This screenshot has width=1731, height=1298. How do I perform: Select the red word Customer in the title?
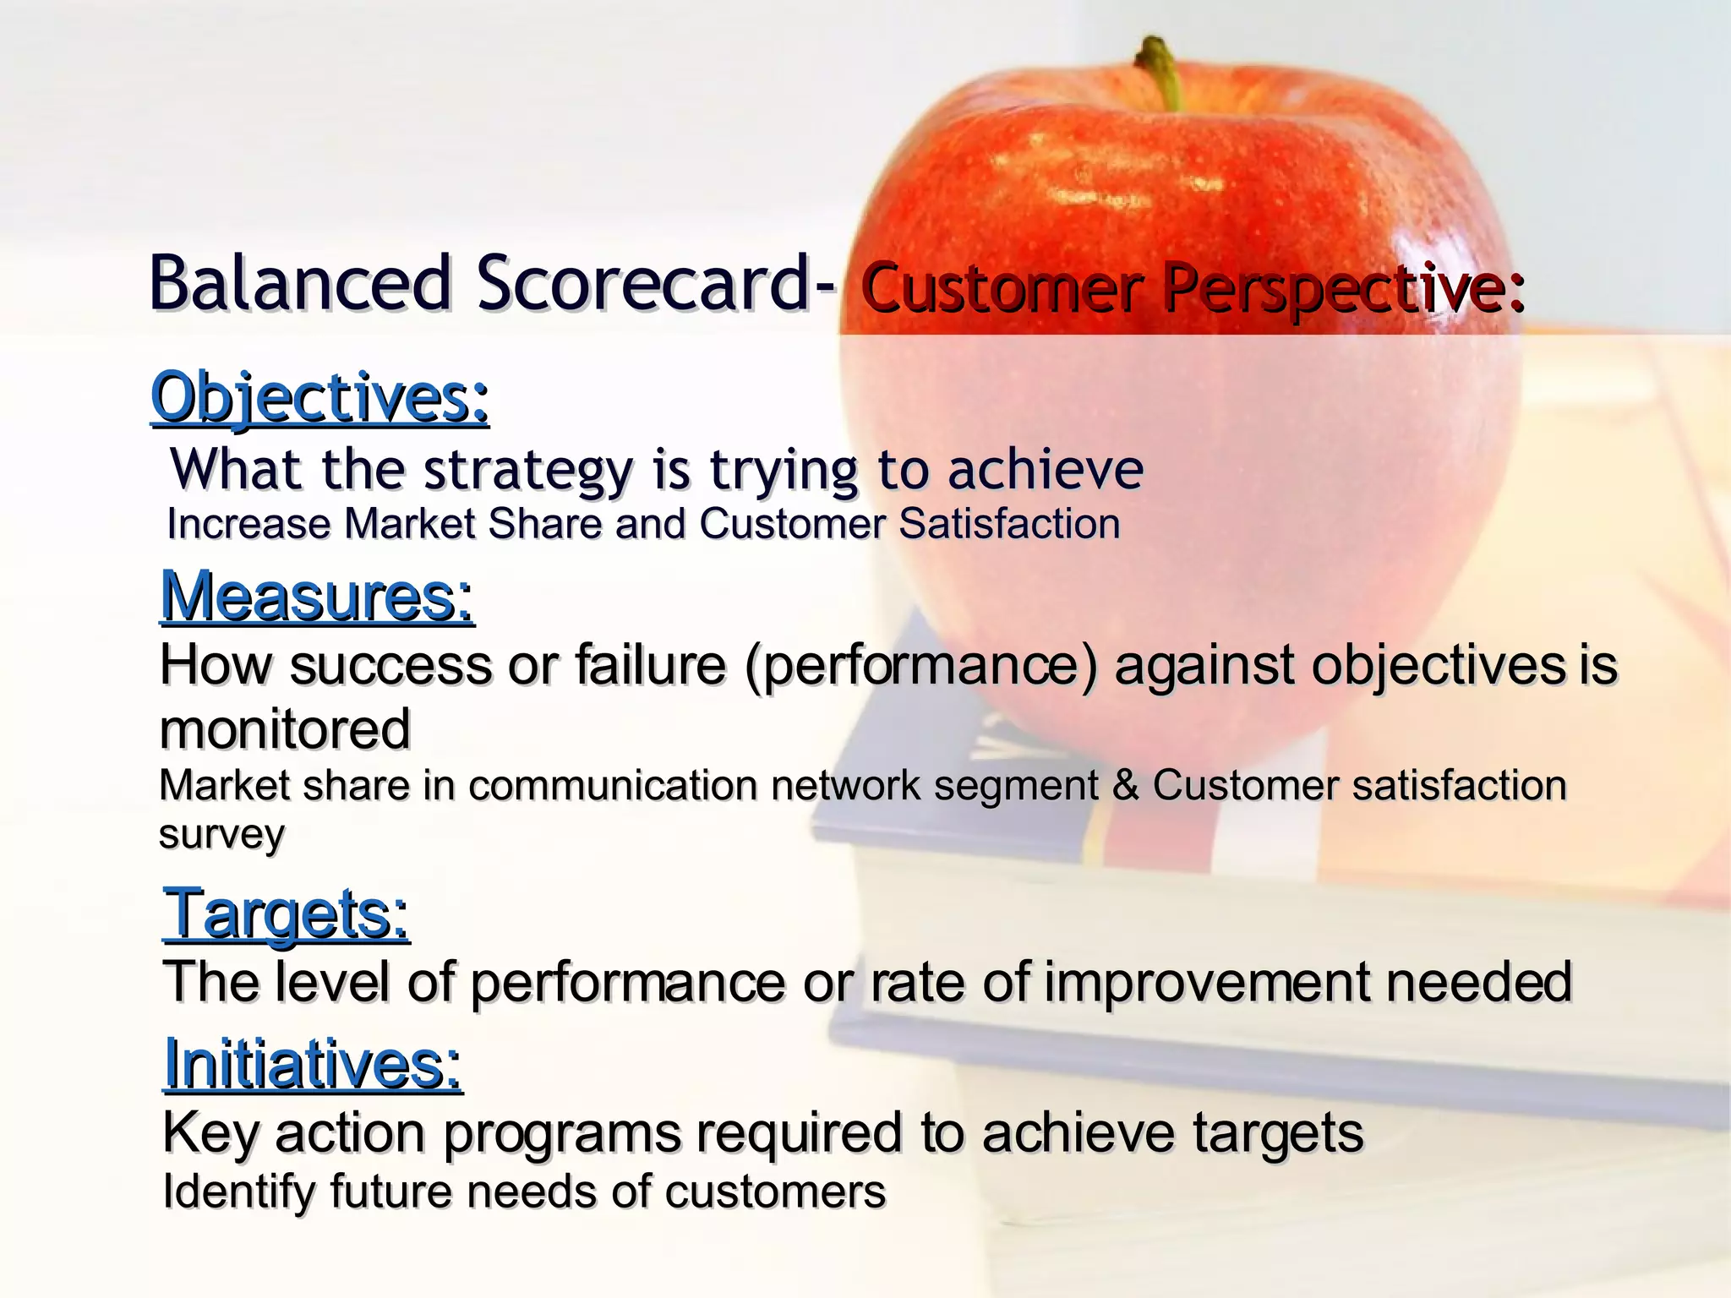tap(1002, 289)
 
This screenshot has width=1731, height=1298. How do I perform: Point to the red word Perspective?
tap(1343, 289)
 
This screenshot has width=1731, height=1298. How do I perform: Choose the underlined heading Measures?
tap(317, 597)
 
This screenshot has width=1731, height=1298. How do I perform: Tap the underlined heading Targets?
tap(287, 914)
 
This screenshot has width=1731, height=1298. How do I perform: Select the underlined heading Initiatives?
tap(313, 1064)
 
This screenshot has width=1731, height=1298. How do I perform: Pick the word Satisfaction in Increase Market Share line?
tap(1009, 524)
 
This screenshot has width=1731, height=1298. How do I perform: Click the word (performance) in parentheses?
tap(921, 665)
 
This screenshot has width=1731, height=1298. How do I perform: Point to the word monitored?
tap(285, 729)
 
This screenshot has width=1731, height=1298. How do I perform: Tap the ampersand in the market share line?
tap(1125, 785)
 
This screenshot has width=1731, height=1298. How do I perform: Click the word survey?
tap(221, 835)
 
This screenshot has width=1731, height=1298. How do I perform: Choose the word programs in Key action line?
tap(562, 1133)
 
